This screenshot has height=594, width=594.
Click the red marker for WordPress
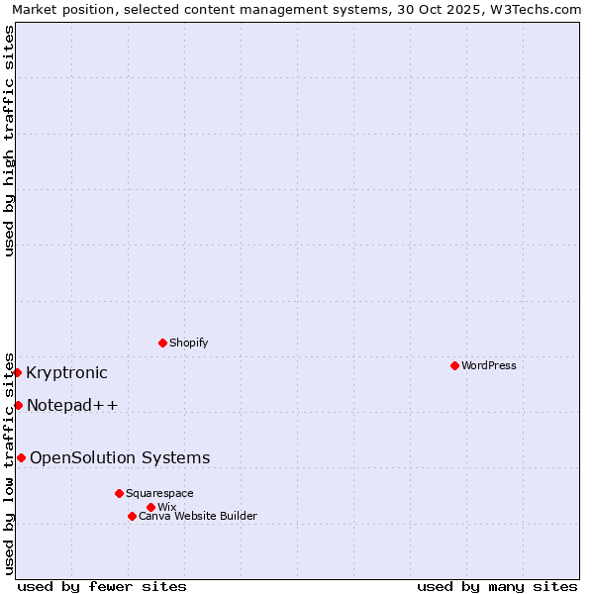point(454,365)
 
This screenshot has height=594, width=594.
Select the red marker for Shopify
point(162,343)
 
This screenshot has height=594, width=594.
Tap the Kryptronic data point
point(18,372)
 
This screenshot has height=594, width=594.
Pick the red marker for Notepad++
point(18,405)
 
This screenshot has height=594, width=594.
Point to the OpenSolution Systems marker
point(21,457)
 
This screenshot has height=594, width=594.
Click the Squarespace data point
point(119,493)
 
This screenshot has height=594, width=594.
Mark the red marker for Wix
point(150,507)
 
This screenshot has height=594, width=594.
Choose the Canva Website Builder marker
point(132,516)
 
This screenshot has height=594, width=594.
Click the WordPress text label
point(488,365)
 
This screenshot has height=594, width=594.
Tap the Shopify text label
point(188,343)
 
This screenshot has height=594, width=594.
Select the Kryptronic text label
point(66,372)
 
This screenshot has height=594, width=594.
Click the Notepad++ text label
point(72,405)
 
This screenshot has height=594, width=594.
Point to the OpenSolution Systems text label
point(120,457)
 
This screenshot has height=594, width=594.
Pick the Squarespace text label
point(159,493)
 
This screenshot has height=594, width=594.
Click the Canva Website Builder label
point(197,516)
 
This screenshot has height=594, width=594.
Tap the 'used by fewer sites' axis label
point(102,586)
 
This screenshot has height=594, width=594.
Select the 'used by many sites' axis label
point(497,586)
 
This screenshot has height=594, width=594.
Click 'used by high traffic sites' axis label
point(10,141)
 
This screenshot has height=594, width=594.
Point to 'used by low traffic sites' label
point(10,461)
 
